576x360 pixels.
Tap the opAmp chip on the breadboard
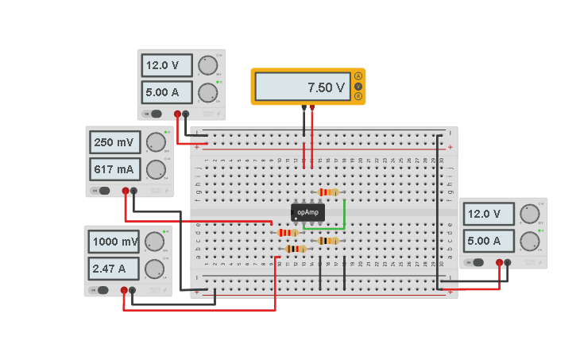point(307,212)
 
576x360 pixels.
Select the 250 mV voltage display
point(114,142)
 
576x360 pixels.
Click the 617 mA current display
point(114,169)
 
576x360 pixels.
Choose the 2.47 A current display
point(114,269)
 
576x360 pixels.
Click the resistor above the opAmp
point(327,192)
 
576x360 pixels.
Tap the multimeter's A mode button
point(358,75)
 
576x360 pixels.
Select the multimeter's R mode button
point(358,96)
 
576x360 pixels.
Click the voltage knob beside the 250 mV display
point(156,142)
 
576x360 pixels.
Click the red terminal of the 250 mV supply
point(125,191)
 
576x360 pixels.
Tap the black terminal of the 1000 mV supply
point(133,291)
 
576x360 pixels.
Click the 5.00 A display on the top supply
point(166,92)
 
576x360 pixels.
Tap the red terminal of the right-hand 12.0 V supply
point(499,261)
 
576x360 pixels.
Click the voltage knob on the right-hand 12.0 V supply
point(529,214)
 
